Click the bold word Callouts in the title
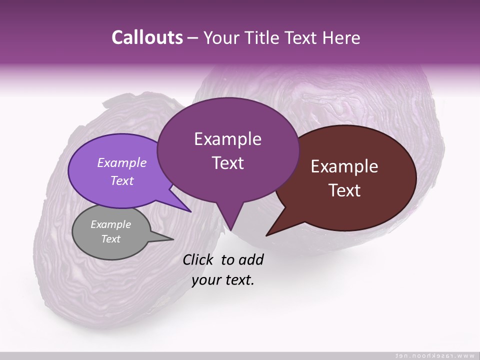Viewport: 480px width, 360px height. coord(147,37)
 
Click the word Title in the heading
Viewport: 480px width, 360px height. coord(264,37)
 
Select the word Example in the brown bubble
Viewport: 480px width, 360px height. coord(344,166)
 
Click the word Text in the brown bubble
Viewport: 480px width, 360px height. coord(344,190)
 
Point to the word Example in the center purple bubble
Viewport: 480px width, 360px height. coord(227,139)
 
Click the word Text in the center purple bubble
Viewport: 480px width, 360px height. coord(228,163)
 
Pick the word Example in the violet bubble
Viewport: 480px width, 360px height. coord(122,162)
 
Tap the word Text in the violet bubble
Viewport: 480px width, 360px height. coord(122,180)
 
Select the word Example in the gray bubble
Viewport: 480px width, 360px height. coord(110,224)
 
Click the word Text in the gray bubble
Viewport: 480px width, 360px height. coord(110,239)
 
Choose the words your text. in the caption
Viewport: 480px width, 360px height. coord(223,280)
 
